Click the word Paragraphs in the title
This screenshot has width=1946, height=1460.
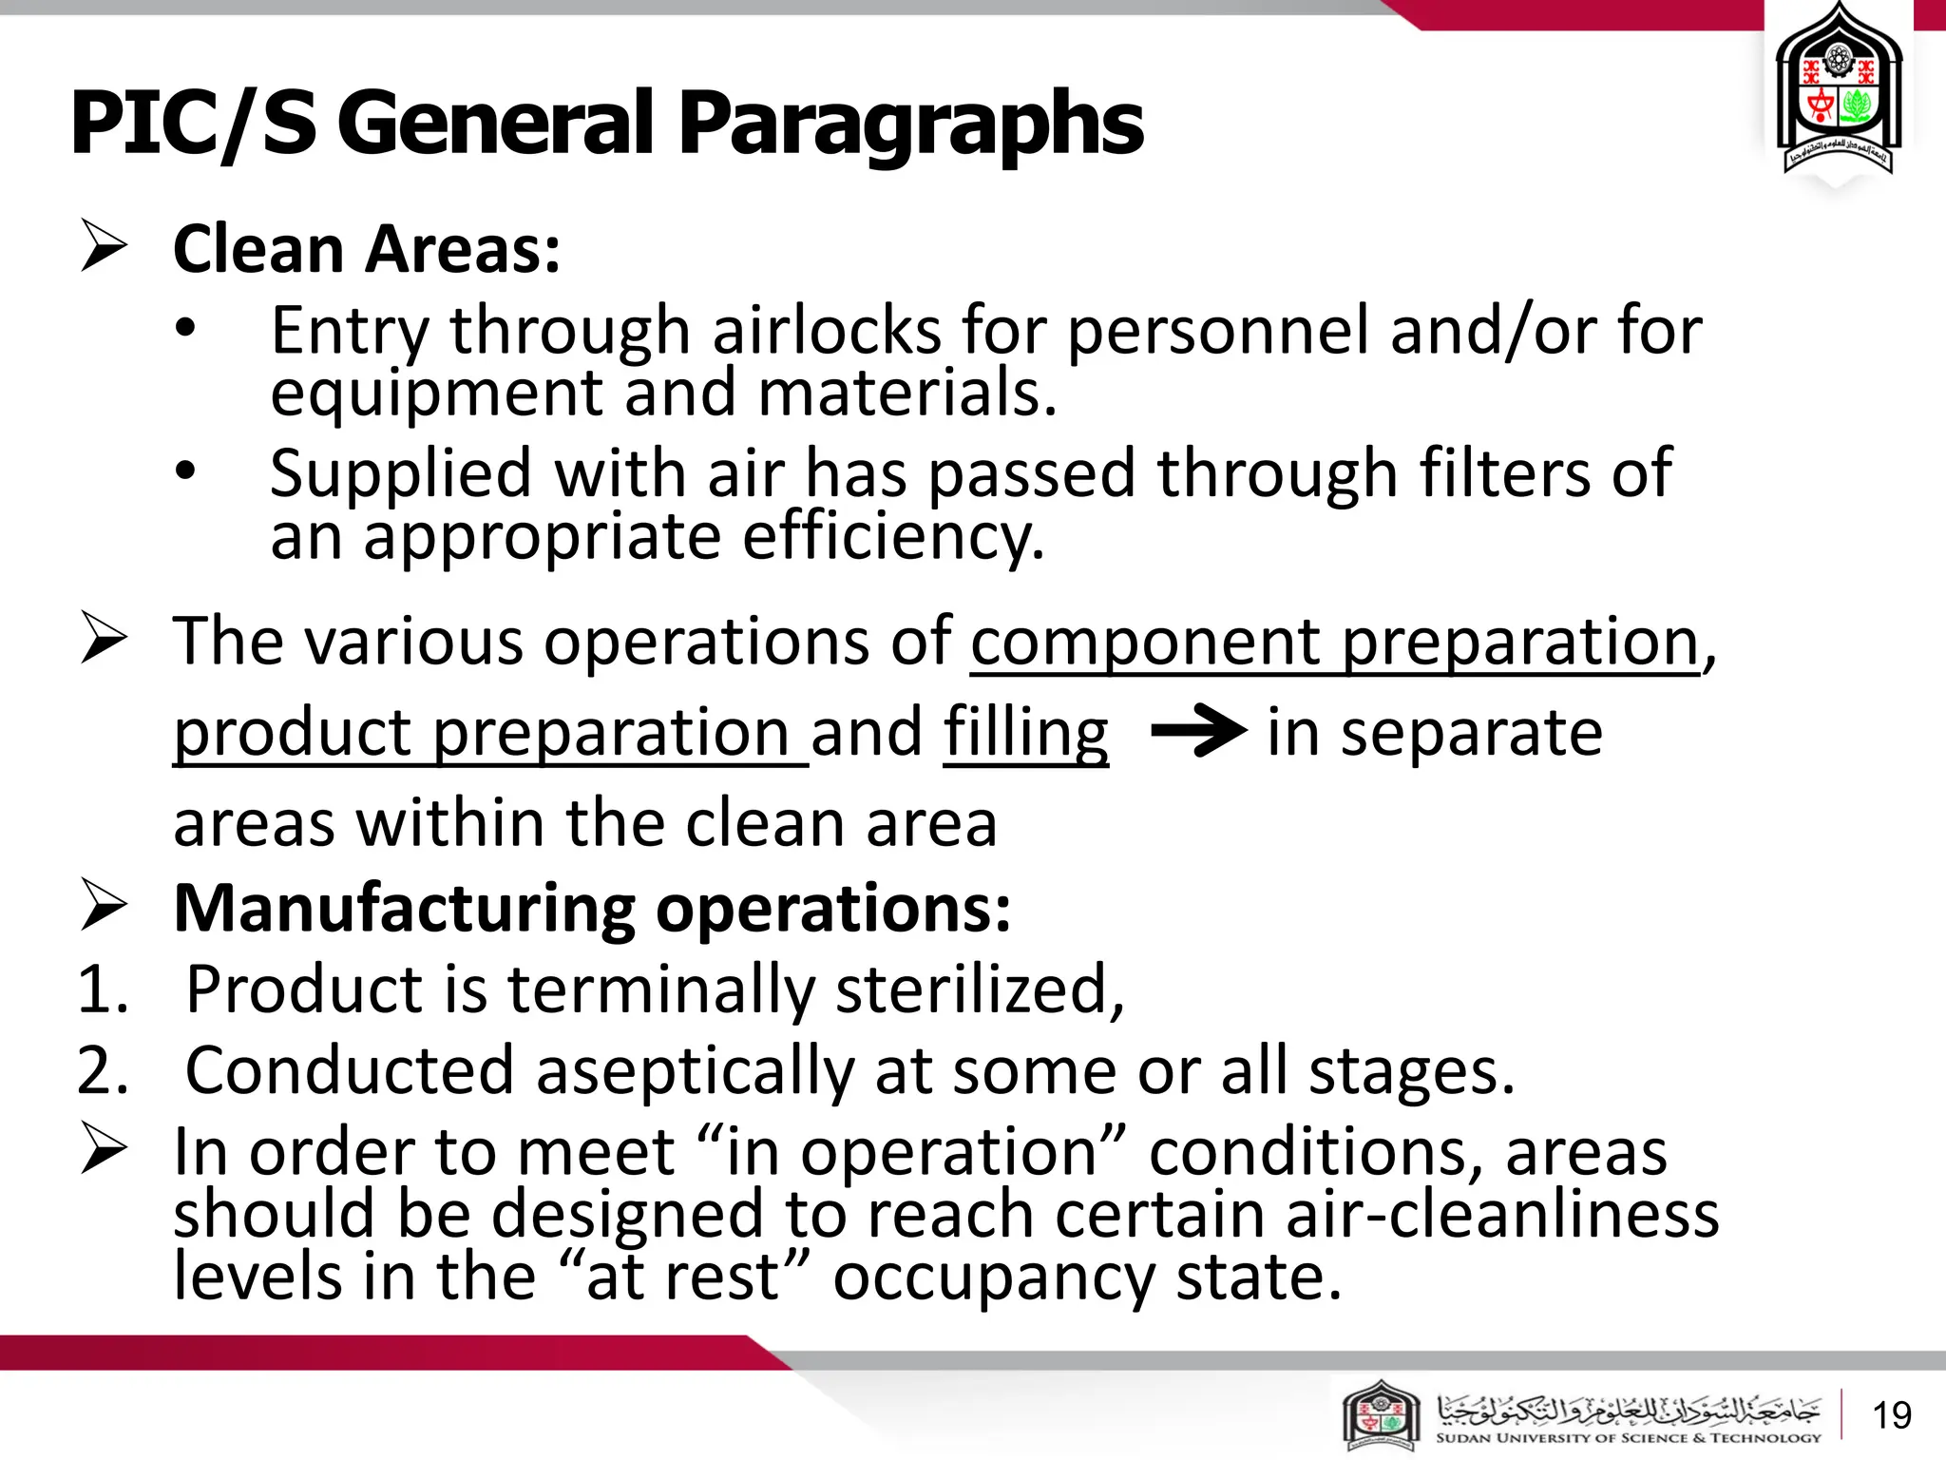click(910, 124)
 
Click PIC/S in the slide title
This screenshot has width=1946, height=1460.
click(193, 124)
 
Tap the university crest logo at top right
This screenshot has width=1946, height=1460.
click(1839, 95)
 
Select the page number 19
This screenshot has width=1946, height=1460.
click(1891, 1415)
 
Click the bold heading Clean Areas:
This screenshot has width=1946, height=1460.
click(367, 249)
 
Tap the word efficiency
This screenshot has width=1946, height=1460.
click(893, 538)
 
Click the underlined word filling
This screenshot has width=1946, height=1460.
click(1026, 734)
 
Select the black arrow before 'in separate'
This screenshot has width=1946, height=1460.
click(1198, 731)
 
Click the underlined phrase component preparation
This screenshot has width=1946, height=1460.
click(1334, 643)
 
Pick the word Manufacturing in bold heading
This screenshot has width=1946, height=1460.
click(405, 909)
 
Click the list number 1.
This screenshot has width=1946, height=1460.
click(103, 989)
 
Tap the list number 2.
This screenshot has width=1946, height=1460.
click(103, 1071)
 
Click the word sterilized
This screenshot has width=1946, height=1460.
click(979, 989)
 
